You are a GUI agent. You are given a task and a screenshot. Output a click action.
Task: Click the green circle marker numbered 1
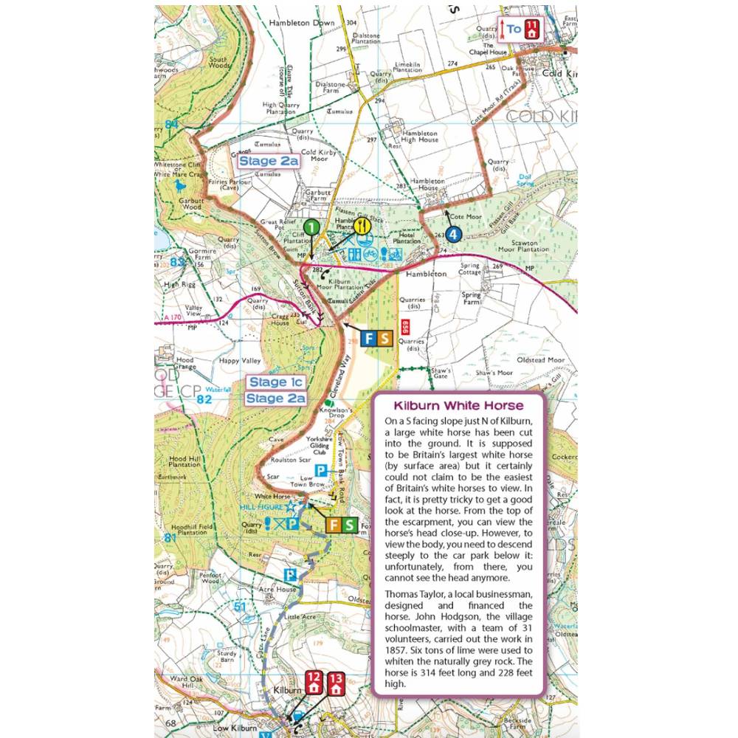coord(312,228)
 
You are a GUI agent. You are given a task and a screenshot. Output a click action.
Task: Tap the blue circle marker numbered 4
coord(453,234)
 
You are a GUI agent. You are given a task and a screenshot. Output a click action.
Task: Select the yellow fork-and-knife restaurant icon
coord(361,227)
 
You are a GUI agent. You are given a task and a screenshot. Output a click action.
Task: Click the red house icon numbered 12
coord(314,683)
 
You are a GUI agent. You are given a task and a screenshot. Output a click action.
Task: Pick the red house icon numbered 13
coord(337,683)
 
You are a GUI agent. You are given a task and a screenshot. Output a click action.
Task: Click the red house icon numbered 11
coord(532,30)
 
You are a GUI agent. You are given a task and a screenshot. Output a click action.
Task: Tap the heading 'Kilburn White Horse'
coord(458,406)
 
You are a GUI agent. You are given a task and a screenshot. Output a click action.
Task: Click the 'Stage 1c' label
coord(275,382)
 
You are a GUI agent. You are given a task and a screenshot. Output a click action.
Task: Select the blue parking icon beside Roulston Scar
coord(321,470)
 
